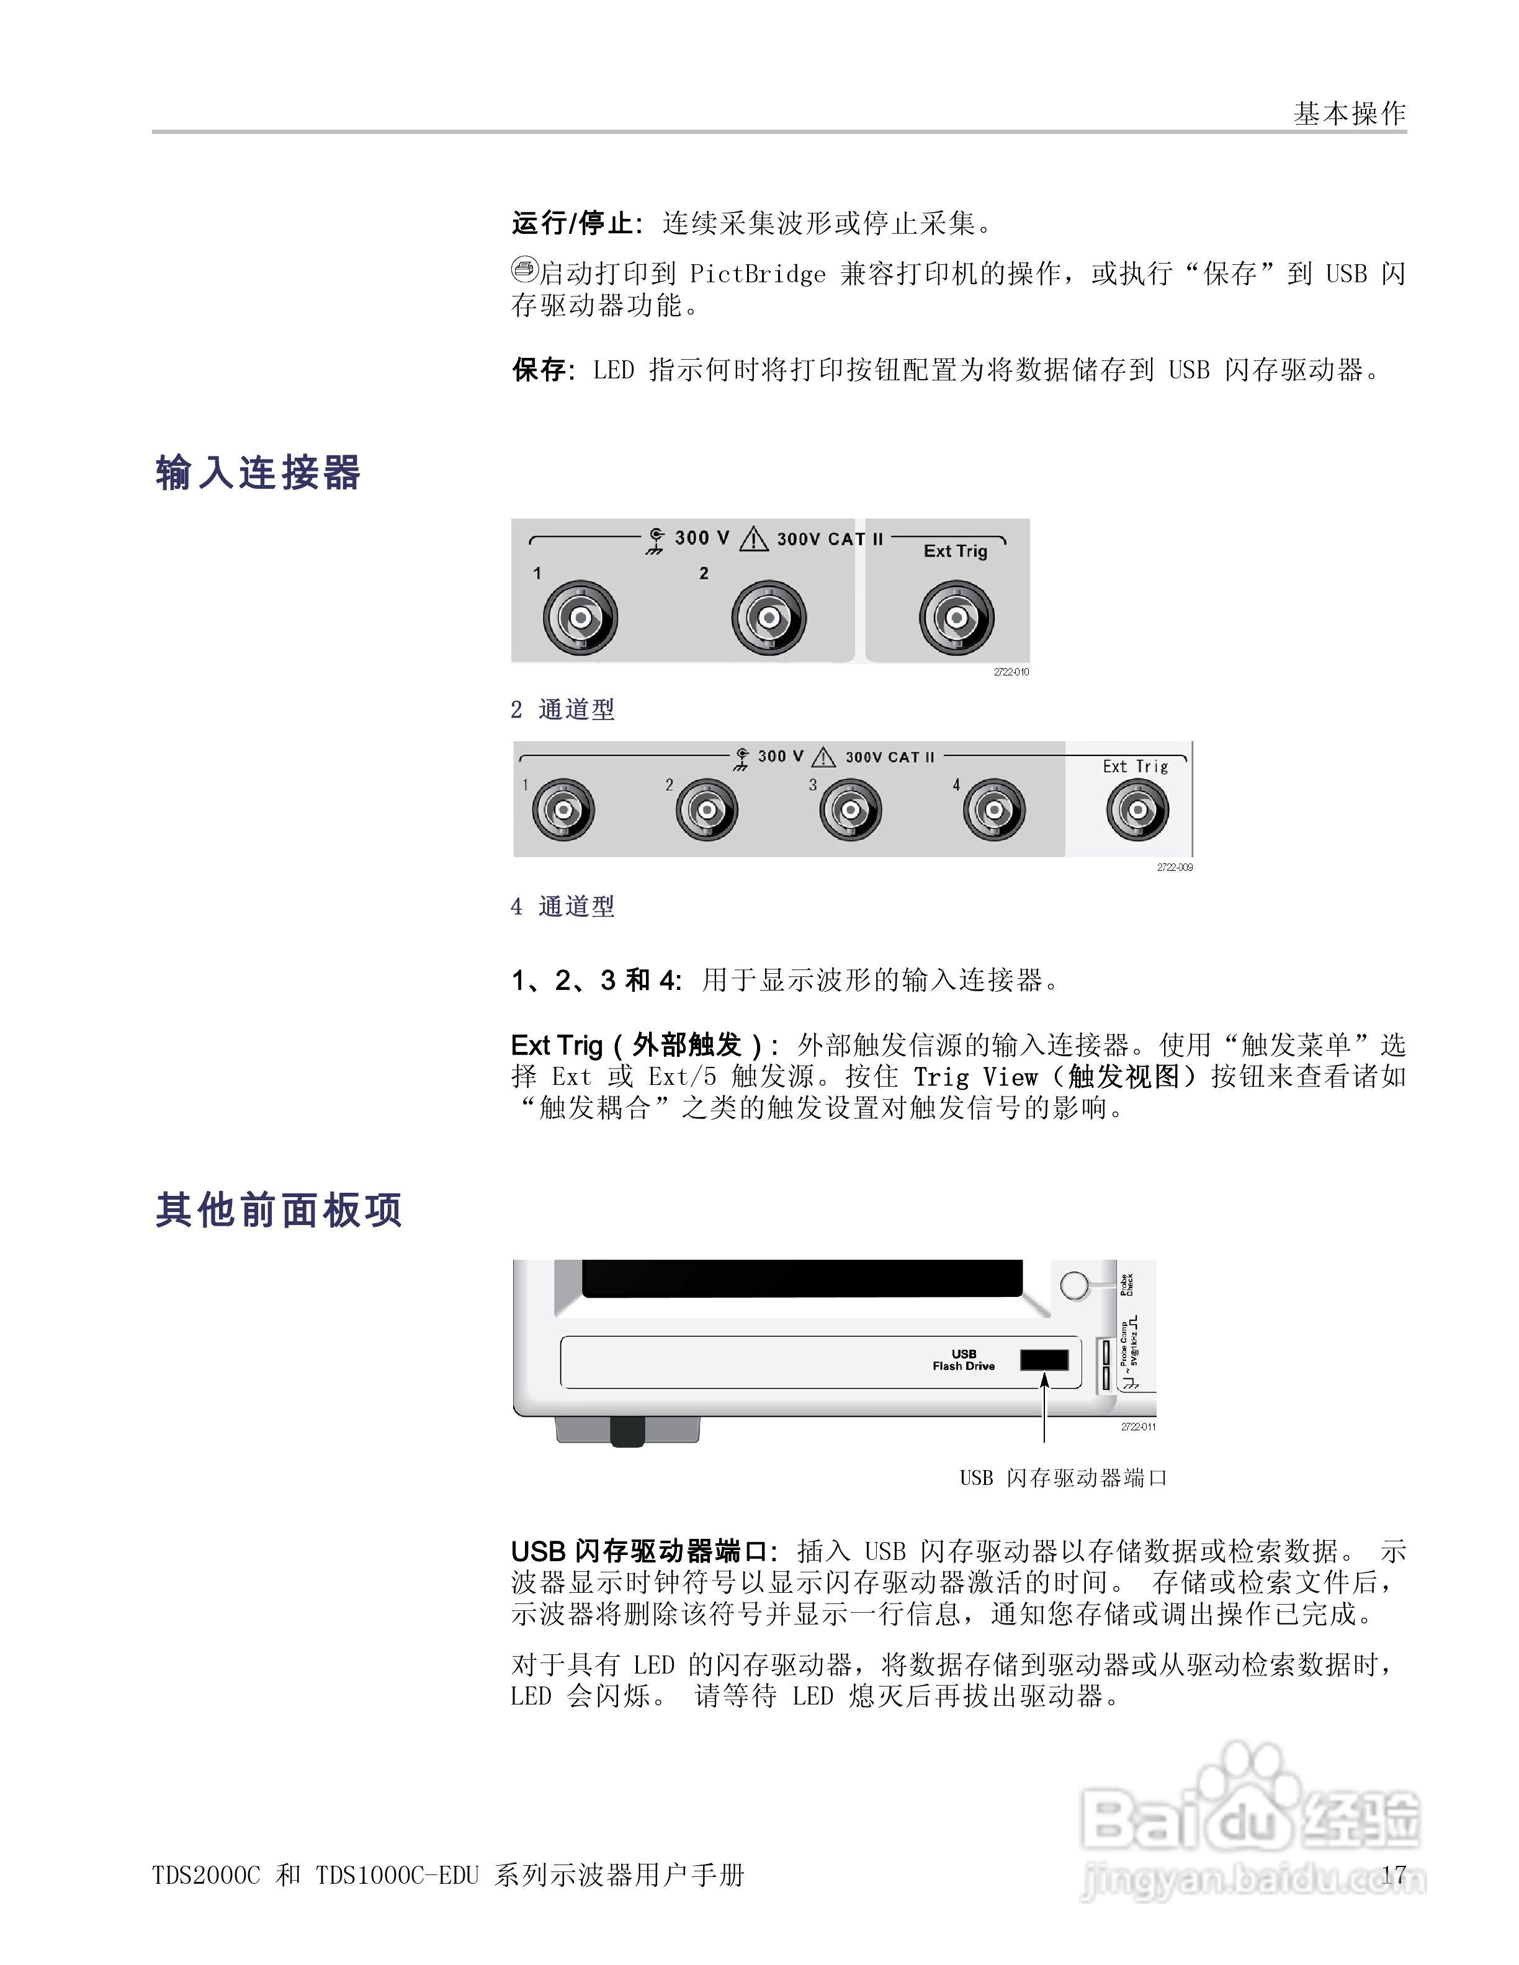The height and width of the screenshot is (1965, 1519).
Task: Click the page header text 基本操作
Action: tap(1349, 114)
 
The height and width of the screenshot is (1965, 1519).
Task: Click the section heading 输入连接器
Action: tap(258, 473)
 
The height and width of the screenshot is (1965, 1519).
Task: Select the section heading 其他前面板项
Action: tap(279, 1210)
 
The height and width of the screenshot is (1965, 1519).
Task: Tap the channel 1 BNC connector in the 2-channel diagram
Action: tap(580, 618)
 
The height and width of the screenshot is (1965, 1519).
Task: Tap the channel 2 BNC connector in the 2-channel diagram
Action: tap(769, 618)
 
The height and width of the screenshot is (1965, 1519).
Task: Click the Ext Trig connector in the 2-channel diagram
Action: tap(957, 618)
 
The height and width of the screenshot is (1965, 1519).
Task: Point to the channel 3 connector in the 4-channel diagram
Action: tap(850, 809)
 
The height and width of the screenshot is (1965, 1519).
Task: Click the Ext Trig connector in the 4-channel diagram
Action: tap(1137, 809)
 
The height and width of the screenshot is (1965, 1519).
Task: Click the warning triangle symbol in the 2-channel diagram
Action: tap(753, 540)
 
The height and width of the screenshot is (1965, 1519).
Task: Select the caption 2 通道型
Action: tap(562, 710)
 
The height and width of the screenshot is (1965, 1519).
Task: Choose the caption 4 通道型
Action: tap(562, 906)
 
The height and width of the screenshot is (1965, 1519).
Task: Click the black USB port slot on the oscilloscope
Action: tap(1044, 1360)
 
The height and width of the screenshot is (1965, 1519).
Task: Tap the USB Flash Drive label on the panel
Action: tap(964, 1360)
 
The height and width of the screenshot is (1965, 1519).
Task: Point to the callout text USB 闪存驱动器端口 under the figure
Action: tap(1063, 1477)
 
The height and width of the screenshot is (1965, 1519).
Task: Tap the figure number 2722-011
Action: tap(1139, 1427)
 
